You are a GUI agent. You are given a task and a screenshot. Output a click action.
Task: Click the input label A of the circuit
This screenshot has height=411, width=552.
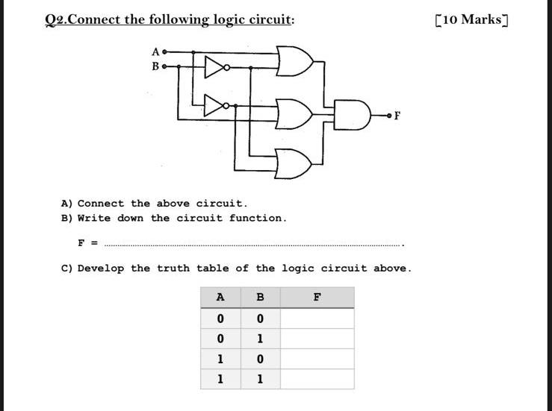(155, 52)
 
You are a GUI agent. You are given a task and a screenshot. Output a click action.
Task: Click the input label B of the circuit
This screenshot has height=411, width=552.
(155, 66)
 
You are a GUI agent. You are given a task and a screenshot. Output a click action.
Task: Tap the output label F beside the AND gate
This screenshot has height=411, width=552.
(397, 116)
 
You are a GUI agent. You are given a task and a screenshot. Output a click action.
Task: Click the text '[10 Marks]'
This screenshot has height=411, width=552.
(471, 19)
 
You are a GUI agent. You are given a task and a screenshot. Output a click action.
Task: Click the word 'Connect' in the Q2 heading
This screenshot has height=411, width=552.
(94, 19)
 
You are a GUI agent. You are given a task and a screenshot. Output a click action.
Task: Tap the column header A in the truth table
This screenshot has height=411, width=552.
(220, 297)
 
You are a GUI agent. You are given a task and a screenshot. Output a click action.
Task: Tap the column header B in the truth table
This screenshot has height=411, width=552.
(260, 297)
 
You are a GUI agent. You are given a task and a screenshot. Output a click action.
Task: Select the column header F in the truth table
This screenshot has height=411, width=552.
(317, 297)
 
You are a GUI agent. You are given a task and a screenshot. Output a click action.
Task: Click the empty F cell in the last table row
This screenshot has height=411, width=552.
(317, 379)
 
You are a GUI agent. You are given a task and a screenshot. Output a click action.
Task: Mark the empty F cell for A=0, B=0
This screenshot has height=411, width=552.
(317, 319)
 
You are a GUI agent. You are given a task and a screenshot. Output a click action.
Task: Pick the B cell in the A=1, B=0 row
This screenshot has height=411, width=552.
(260, 359)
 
